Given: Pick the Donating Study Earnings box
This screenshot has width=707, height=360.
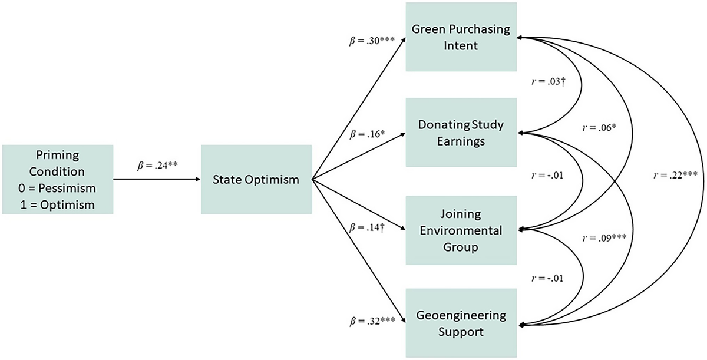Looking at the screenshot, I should click(460, 133).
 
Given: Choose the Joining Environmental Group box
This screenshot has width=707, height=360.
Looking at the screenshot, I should click(460, 230).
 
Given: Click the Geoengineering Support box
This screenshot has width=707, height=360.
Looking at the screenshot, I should click(460, 323).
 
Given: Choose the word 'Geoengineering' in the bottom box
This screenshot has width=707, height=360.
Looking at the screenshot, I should click(460, 315).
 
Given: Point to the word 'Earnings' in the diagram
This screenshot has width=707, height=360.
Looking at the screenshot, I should click(460, 141).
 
